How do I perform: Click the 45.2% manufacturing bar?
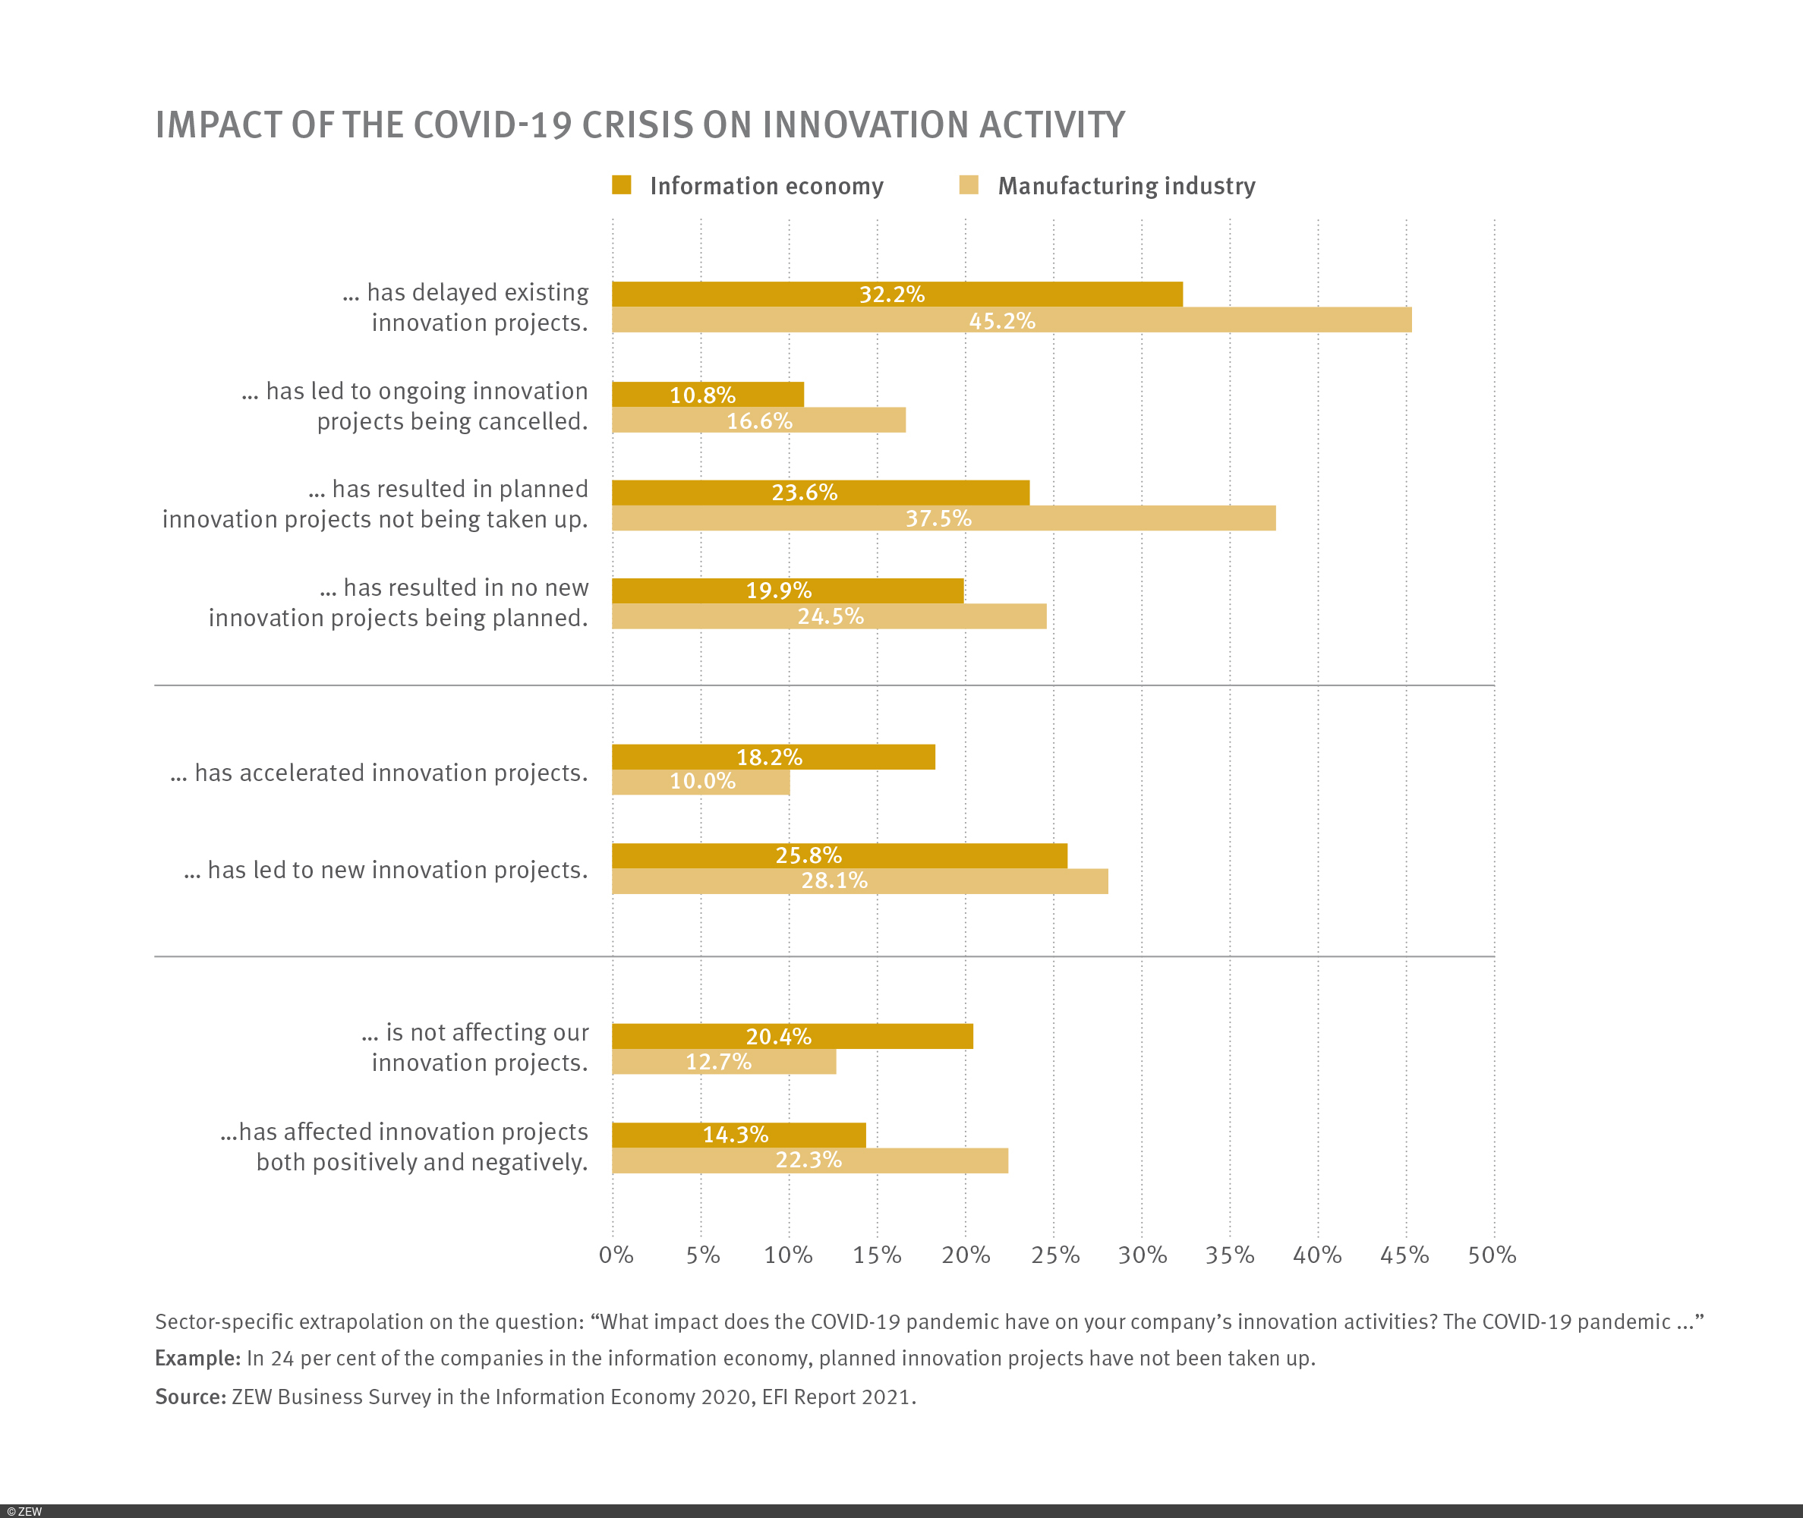[x=1011, y=320]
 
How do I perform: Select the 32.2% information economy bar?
[x=897, y=294]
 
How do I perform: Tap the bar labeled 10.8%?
[x=708, y=395]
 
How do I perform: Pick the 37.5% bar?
[x=943, y=518]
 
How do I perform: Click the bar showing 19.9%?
[x=787, y=591]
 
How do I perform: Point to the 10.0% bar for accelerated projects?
[x=701, y=781]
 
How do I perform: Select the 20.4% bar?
[x=792, y=1036]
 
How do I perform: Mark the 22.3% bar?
[x=810, y=1160]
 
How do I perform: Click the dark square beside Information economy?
[x=621, y=185]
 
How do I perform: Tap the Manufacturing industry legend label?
[x=1126, y=186]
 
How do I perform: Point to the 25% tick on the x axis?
[x=1054, y=1255]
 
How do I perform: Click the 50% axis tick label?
[x=1492, y=1255]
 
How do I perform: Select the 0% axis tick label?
[x=616, y=1255]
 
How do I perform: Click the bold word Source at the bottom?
[x=189, y=1397]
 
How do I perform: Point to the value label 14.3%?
[x=735, y=1134]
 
